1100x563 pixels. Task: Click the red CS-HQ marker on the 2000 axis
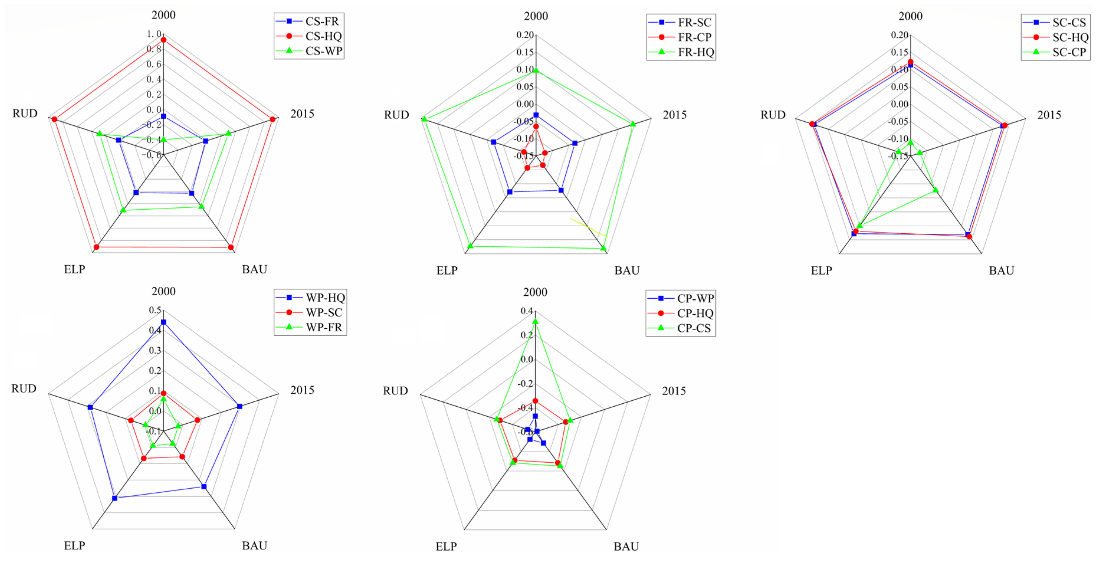163,40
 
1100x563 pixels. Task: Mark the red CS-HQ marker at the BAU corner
230,247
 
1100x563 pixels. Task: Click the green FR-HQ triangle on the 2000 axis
536,71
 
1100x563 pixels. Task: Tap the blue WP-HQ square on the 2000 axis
163,322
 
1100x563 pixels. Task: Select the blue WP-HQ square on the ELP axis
114,498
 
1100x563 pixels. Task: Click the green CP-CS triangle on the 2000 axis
535,321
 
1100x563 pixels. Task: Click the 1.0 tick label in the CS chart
154,34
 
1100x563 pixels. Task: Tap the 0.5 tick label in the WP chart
155,310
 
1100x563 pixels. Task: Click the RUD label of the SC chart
773,114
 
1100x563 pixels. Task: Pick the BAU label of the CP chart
626,546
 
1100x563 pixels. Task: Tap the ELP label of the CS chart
74,269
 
